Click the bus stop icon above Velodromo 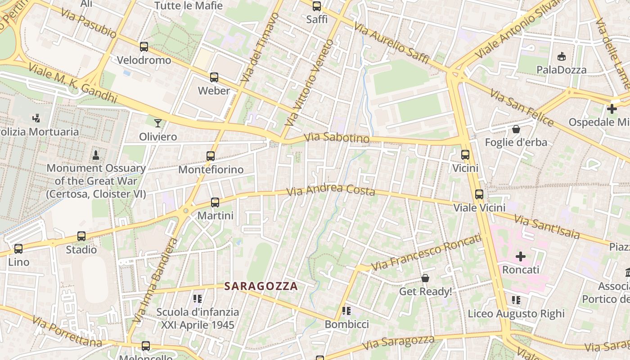144,46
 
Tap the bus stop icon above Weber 214,77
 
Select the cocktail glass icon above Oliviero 157,123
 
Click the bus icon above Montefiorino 211,156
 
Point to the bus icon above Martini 215,202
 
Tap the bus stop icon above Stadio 81,236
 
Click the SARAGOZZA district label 261,286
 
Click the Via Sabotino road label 337,138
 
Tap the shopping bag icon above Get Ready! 425,279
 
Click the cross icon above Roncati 521,256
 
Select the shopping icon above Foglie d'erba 516,129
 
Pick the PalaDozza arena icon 561,57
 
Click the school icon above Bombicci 346,311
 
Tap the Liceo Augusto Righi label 516,314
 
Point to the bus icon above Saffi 317,6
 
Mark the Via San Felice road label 522,108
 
